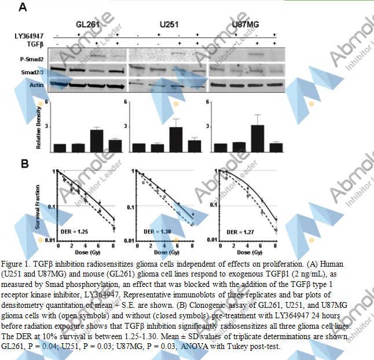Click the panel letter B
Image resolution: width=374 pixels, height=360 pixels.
point(25,163)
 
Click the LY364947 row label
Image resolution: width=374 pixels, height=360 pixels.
point(28,36)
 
